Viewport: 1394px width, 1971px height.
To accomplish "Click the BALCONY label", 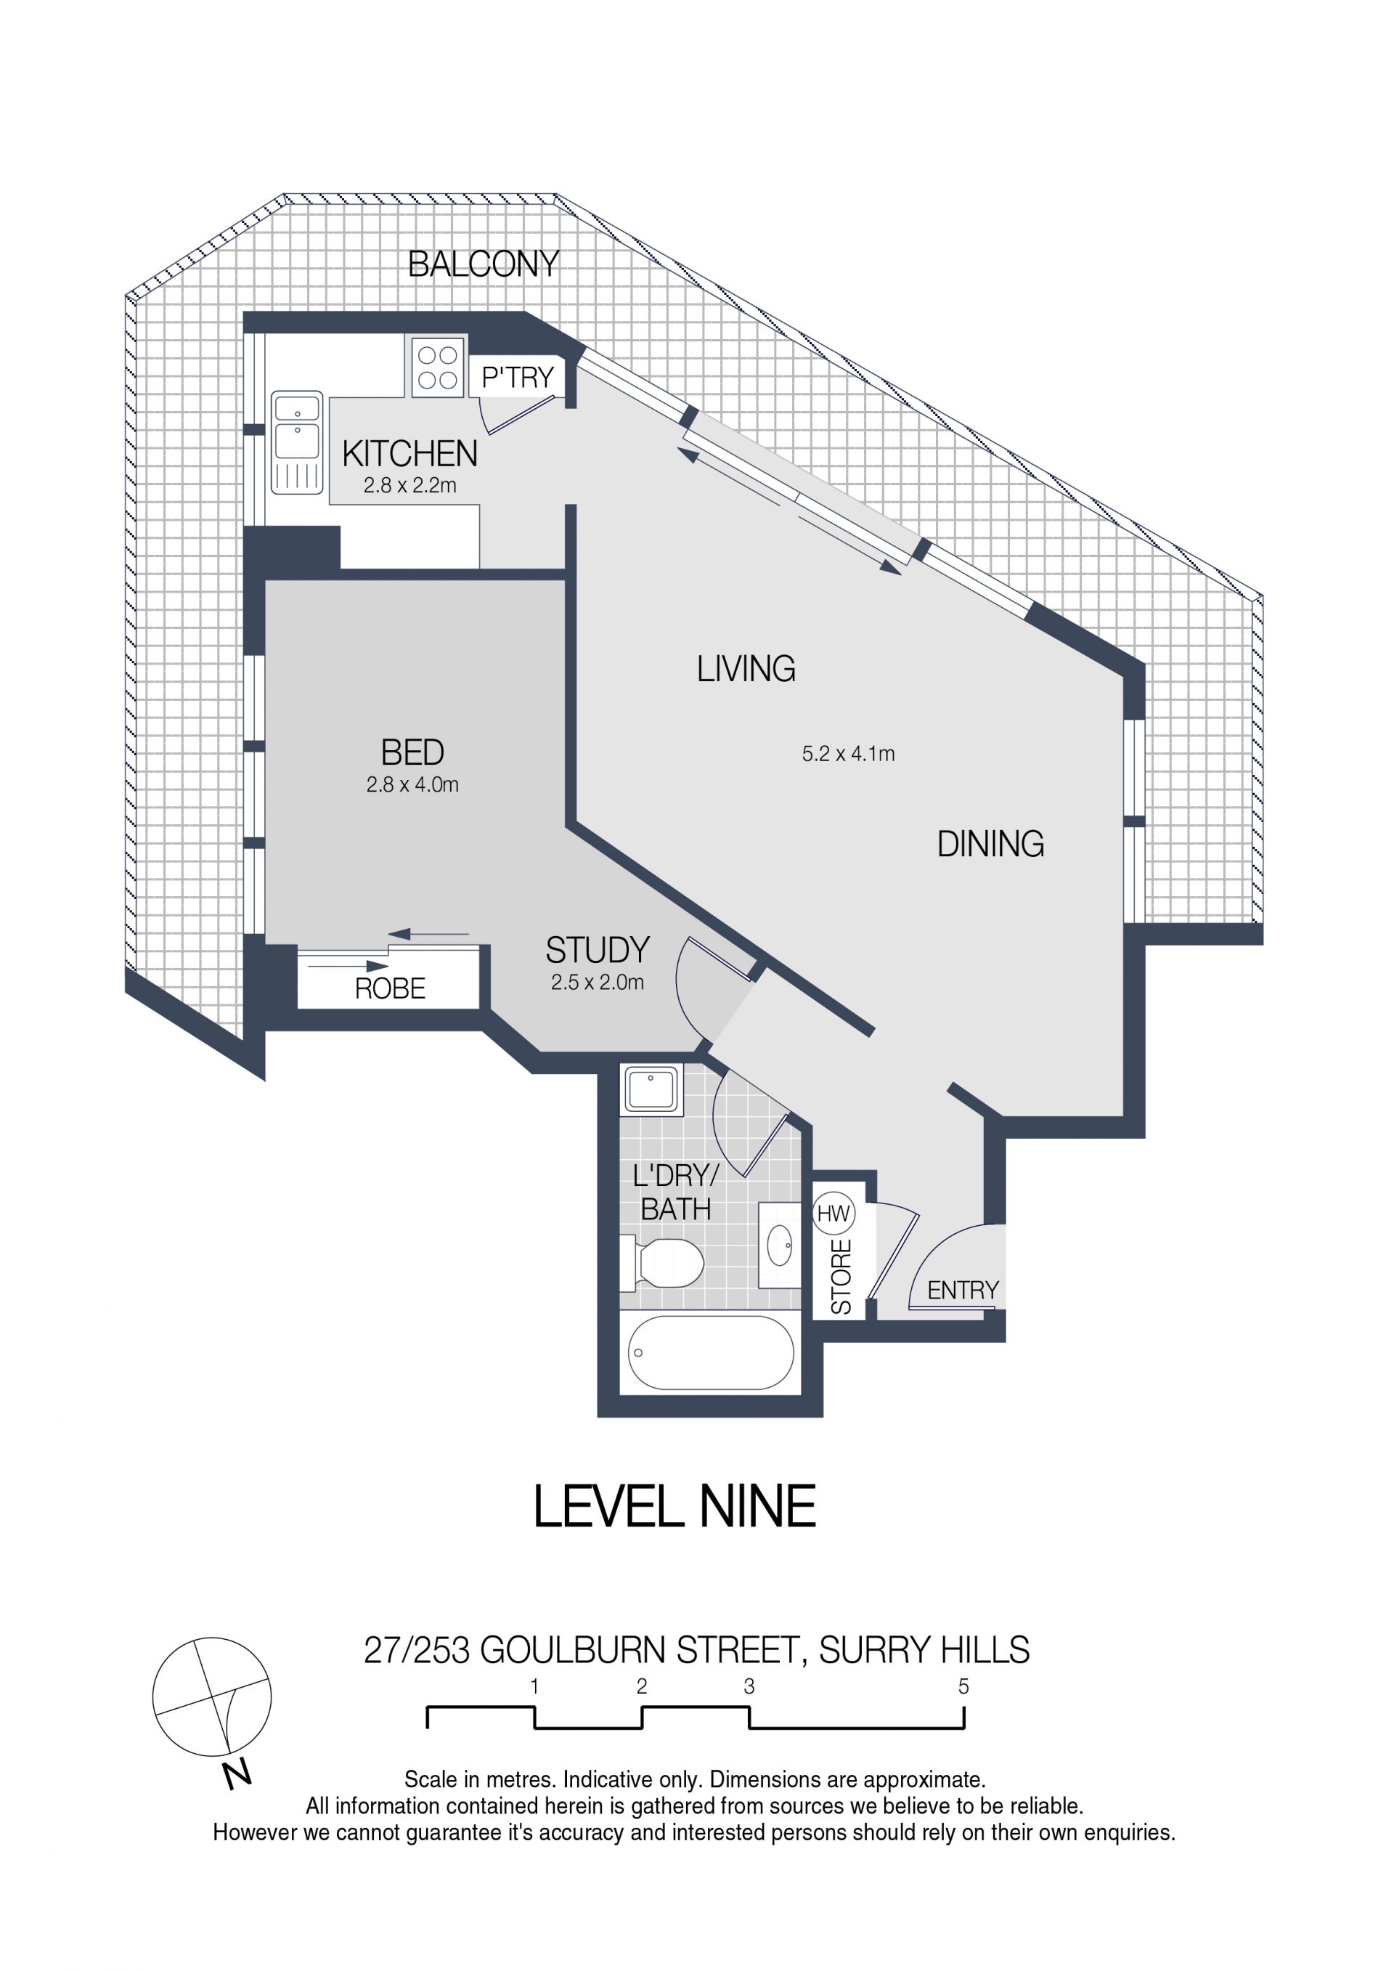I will point(484,264).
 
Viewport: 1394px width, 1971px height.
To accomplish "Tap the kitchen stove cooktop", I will point(438,367).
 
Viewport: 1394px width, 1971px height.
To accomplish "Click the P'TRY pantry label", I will point(518,378).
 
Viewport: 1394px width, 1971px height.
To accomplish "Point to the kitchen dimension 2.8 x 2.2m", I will point(409,485).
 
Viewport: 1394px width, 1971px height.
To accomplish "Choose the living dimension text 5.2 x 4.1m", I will point(848,754).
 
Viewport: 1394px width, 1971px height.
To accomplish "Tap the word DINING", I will point(990,844).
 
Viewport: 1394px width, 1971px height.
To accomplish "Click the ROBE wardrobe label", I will point(390,989).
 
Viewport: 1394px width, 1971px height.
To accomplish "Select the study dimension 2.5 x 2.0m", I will point(598,982).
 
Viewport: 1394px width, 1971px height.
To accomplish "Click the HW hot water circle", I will point(833,1214).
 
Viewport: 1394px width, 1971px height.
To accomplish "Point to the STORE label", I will point(841,1277).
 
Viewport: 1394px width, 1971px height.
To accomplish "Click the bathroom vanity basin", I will point(779,1245).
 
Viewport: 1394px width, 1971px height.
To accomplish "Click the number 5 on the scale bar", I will point(963,1686).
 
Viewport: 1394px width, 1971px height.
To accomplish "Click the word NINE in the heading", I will point(757,1507).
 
